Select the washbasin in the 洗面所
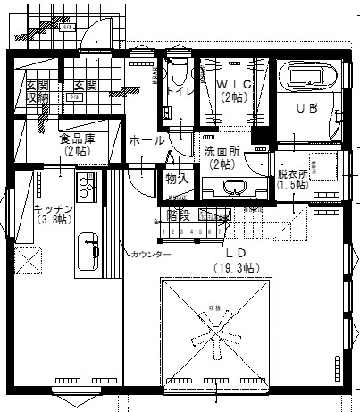(x=235, y=188)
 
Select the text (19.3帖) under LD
(x=236, y=267)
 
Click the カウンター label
(x=150, y=255)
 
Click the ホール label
(x=146, y=140)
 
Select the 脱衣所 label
(x=292, y=173)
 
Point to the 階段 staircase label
(x=179, y=215)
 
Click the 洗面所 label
(x=221, y=151)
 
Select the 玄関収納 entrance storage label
(x=35, y=91)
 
